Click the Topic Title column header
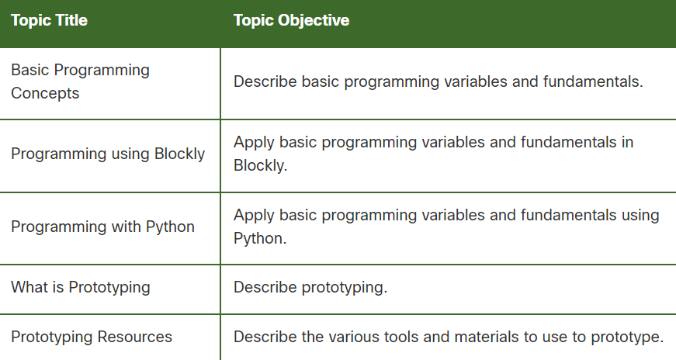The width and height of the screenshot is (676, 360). pos(49,21)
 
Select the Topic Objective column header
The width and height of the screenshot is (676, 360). pos(291,21)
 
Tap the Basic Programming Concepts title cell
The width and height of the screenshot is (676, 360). pos(80,81)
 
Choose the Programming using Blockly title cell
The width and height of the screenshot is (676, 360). pos(108,154)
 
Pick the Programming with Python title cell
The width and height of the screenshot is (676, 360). pos(102,227)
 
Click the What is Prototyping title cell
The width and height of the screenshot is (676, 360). pos(81,287)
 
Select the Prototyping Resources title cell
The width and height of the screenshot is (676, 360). pos(92,337)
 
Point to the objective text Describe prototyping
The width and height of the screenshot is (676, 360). pos(310,287)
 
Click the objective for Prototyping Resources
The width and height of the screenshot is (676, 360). pos(449,337)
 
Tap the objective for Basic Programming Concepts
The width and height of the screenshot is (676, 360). pos(438,81)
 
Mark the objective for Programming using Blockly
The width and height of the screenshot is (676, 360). pos(433,154)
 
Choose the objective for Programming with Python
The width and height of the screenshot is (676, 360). pos(446,226)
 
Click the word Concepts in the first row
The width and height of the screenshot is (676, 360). pos(45,93)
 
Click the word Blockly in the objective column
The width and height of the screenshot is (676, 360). pos(260,166)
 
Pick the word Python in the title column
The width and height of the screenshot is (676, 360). pos(171,227)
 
